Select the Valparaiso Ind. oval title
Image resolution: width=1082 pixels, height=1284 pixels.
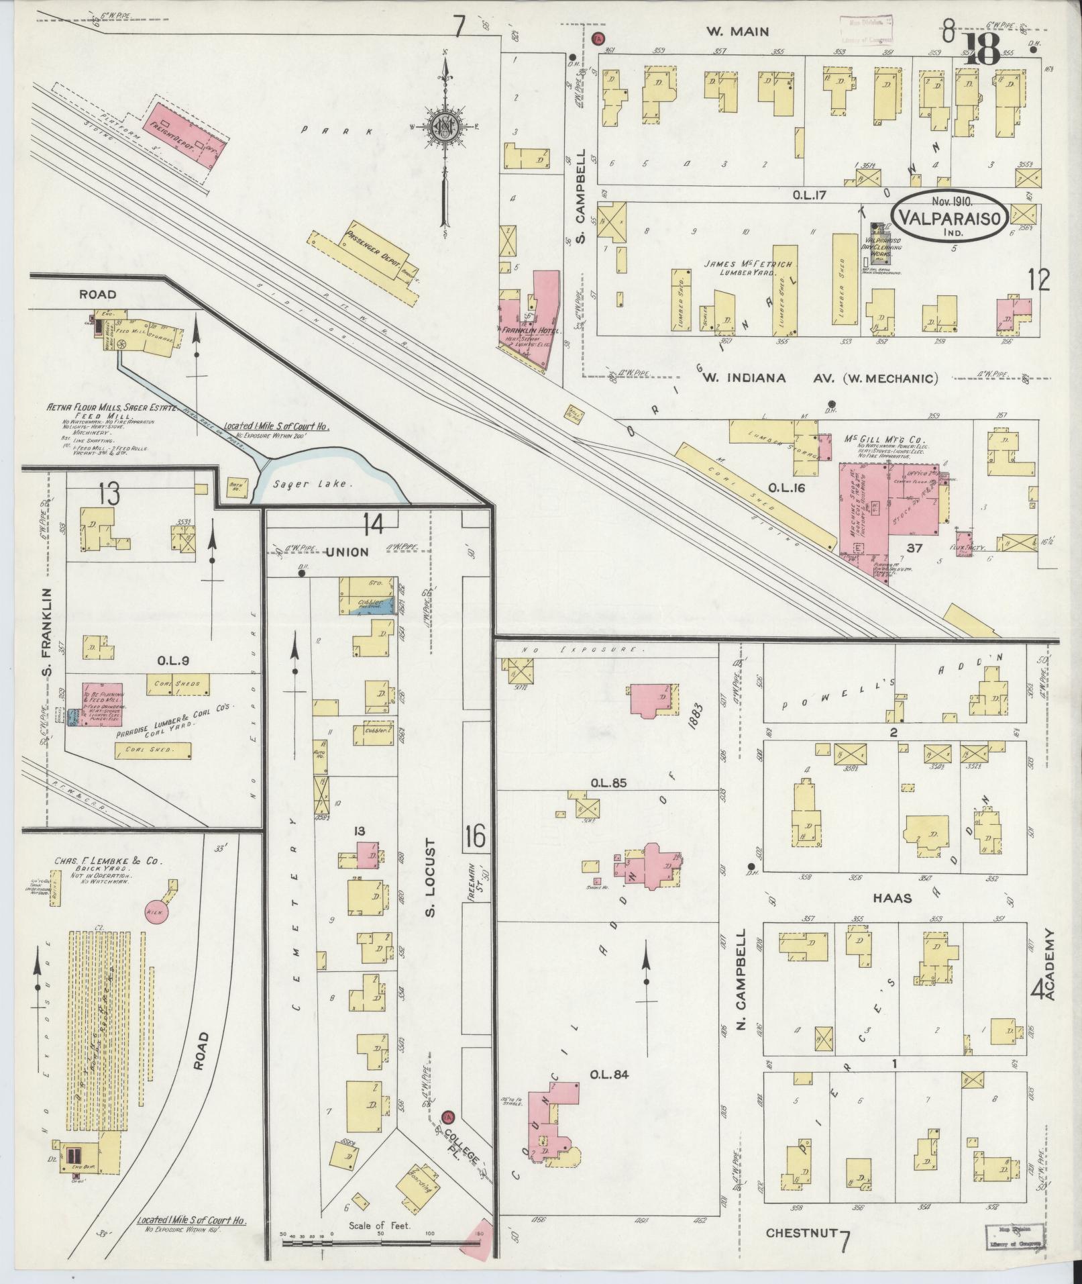click(x=951, y=216)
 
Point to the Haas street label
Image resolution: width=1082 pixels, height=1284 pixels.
click(x=893, y=897)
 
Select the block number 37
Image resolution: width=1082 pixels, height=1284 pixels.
click(x=914, y=548)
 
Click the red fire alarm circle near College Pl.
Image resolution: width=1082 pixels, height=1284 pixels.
click(x=447, y=1118)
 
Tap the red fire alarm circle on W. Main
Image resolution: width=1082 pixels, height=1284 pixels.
click(x=599, y=39)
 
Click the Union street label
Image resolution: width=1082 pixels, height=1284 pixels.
click(x=347, y=552)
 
